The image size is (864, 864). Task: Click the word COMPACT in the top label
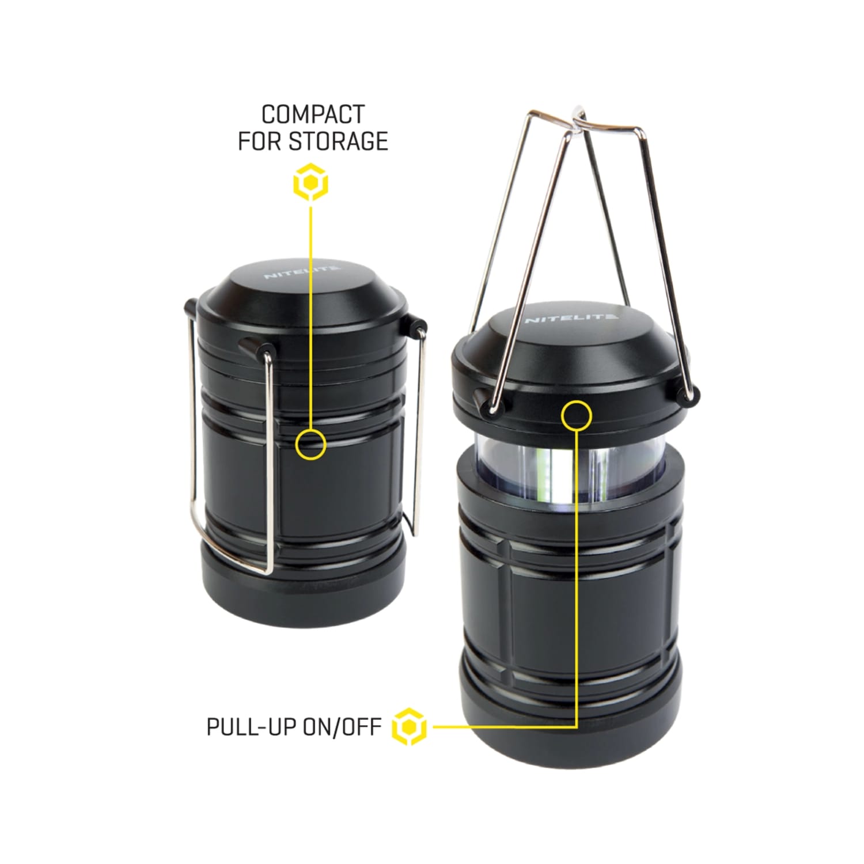pos(313,115)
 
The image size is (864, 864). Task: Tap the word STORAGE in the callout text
pos(338,141)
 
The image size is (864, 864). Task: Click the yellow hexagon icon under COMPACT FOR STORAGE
pos(310,183)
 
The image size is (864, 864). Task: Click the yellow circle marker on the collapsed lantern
pos(310,445)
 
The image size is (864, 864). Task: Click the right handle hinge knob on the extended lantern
pos(688,393)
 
